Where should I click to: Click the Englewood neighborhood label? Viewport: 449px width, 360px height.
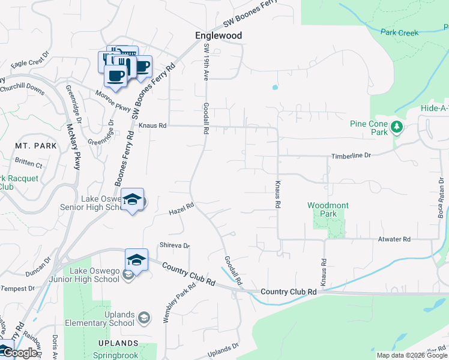pyautogui.click(x=219, y=35)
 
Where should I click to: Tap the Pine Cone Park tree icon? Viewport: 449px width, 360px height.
pyautogui.click(x=396, y=127)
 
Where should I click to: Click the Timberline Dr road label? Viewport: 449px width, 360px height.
pyautogui.click(x=351, y=155)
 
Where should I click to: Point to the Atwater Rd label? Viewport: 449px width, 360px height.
pyautogui.click(x=394, y=239)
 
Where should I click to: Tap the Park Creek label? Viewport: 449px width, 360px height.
pyautogui.click(x=399, y=32)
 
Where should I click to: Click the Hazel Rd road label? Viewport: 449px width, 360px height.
pyautogui.click(x=181, y=209)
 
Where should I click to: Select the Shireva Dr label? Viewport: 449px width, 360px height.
pyautogui.click(x=174, y=245)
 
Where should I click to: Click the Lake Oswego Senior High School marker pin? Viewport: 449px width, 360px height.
pyautogui.click(x=133, y=200)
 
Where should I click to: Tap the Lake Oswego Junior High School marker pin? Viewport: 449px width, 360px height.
pyautogui.click(x=136, y=260)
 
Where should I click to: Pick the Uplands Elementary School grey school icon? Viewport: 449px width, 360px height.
pyautogui.click(x=143, y=317)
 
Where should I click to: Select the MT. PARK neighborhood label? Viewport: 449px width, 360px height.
pyautogui.click(x=36, y=146)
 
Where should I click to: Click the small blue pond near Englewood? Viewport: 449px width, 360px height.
pyautogui.click(x=275, y=87)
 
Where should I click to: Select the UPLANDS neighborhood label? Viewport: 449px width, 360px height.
pyautogui.click(x=119, y=343)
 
